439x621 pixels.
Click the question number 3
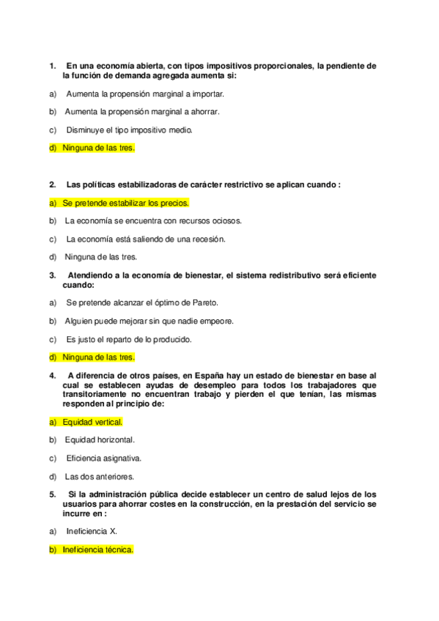(x=53, y=275)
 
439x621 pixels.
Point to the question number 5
(x=53, y=494)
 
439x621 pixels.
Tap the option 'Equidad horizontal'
(x=100, y=440)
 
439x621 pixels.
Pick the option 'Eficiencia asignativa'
(x=103, y=458)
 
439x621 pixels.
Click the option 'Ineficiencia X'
(x=92, y=531)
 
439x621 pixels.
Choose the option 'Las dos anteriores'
(x=99, y=477)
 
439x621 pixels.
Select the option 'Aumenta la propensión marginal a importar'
(x=145, y=94)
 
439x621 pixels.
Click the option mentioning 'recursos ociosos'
(x=153, y=220)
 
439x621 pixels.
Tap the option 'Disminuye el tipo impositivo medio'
(x=129, y=130)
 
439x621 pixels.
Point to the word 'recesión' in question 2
(x=210, y=239)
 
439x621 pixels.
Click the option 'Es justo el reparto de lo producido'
(x=129, y=339)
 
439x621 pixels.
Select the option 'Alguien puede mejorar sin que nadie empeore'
(x=149, y=321)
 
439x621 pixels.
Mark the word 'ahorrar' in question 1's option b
(x=204, y=111)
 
